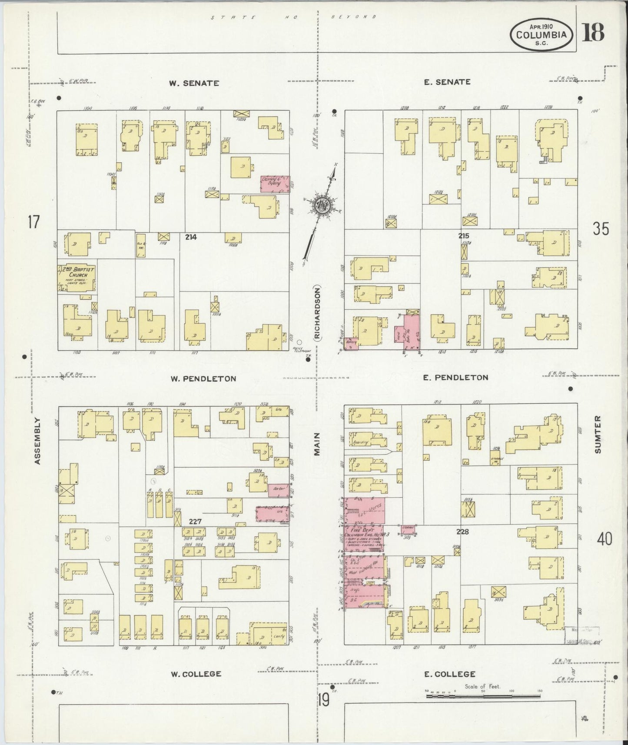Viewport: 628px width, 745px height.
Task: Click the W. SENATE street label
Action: click(194, 83)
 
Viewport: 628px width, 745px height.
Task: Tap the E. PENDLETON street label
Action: click(455, 378)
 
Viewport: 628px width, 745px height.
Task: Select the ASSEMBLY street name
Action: click(38, 441)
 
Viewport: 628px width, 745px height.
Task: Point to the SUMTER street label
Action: click(598, 435)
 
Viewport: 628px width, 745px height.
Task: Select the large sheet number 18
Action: click(594, 33)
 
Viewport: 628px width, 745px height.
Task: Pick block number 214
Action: click(190, 237)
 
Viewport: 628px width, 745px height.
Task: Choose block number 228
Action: click(462, 531)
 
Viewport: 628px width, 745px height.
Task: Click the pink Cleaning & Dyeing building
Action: click(275, 184)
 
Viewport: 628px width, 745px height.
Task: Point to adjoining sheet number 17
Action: click(33, 223)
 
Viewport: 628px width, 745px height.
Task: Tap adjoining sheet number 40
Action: click(604, 539)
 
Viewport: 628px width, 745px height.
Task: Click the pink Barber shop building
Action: click(278, 488)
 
